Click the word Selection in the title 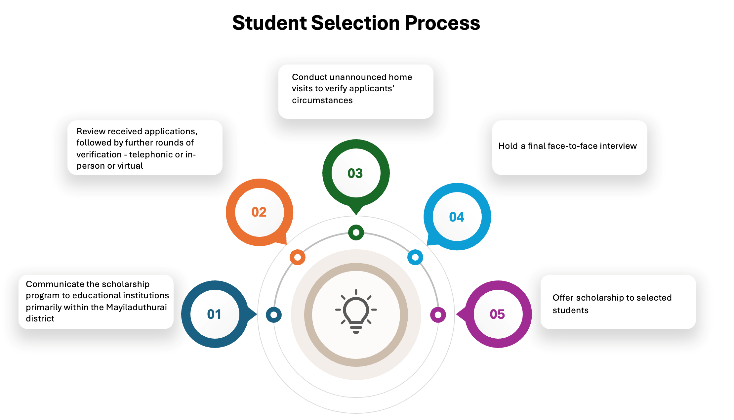355,23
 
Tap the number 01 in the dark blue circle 214,314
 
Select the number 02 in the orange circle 259,212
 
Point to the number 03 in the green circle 355,173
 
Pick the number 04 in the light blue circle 457,217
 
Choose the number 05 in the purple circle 497,314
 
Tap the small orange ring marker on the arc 298,257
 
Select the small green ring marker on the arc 356,232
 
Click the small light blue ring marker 415,257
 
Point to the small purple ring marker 438,315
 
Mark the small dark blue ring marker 274,315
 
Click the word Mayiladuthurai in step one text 137,307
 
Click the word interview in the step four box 618,146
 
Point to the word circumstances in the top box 322,100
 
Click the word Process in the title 442,23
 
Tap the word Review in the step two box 91,131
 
